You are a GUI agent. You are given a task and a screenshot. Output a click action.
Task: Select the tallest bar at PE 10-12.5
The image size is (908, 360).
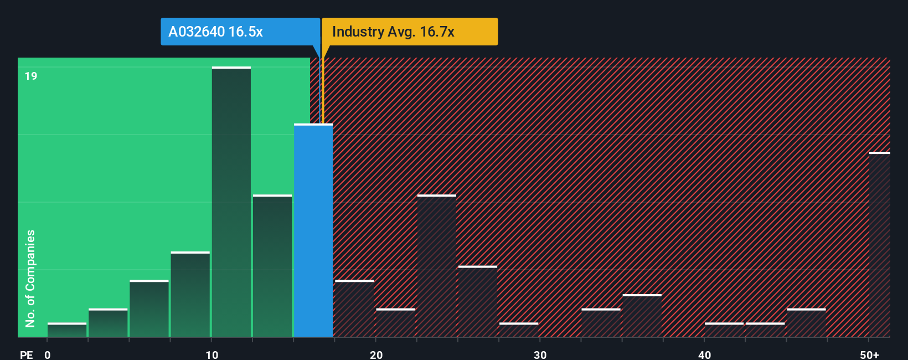[x=231, y=202]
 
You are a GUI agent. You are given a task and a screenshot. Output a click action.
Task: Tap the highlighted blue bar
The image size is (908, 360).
[x=313, y=230]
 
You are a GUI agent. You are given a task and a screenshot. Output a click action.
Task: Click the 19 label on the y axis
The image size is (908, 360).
[x=31, y=76]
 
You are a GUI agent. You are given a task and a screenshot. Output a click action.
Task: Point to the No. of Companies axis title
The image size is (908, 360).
[x=30, y=278]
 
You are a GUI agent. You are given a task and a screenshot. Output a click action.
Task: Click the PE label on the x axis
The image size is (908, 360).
[x=26, y=354]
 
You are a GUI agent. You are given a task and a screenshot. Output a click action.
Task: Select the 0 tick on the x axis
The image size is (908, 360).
[x=48, y=354]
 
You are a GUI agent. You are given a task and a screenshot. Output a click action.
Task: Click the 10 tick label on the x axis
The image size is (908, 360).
[x=212, y=354]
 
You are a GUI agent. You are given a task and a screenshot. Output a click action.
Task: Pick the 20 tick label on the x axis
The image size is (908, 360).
[x=376, y=354]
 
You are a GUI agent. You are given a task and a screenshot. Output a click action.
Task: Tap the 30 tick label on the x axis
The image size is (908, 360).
[x=540, y=354]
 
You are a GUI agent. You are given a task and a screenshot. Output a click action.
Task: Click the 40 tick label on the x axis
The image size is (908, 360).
[x=704, y=354]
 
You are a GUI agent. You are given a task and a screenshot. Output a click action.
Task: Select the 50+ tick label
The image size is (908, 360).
[x=869, y=354]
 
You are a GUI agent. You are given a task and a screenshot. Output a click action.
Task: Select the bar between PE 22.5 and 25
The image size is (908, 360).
[x=437, y=266]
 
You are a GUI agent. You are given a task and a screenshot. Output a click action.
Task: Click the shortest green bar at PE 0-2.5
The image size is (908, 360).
[x=67, y=330]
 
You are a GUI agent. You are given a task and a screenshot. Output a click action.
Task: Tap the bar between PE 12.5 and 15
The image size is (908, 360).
[x=272, y=266]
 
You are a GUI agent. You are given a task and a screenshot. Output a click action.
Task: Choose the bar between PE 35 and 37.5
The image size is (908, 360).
[x=642, y=316]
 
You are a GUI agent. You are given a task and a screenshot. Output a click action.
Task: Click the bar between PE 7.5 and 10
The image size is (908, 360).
[x=190, y=295]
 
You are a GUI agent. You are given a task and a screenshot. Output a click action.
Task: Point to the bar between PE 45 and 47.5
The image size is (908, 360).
[x=806, y=323]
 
